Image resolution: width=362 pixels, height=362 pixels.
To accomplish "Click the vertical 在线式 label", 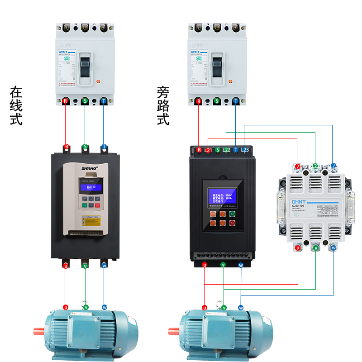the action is pos(16,106).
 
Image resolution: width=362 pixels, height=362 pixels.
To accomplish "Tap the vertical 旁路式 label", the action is pos(163,106).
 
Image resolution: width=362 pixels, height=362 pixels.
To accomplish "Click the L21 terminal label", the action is pos(208,150).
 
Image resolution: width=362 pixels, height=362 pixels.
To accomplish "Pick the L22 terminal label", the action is pos(227,150).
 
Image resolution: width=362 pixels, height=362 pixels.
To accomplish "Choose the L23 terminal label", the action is pos(245,150).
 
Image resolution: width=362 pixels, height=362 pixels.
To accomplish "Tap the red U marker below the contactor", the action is pos(298,248).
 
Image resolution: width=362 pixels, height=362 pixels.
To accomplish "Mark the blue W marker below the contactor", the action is pos(333,248).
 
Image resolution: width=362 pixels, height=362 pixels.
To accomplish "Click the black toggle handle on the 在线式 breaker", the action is pos(85,66).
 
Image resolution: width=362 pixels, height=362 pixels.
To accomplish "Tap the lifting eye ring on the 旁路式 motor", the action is pos(223,306).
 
